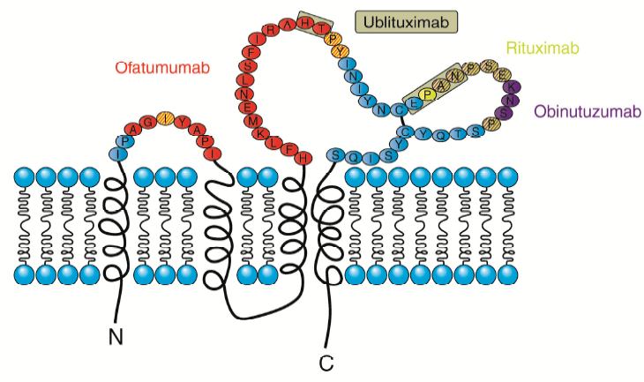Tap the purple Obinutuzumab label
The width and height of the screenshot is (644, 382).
tap(579, 111)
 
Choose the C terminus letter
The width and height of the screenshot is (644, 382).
tap(326, 361)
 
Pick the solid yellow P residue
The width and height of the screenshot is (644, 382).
tap(428, 93)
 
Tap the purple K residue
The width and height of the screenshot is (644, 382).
tap(514, 86)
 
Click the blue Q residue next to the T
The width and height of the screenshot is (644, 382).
tap(445, 134)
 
